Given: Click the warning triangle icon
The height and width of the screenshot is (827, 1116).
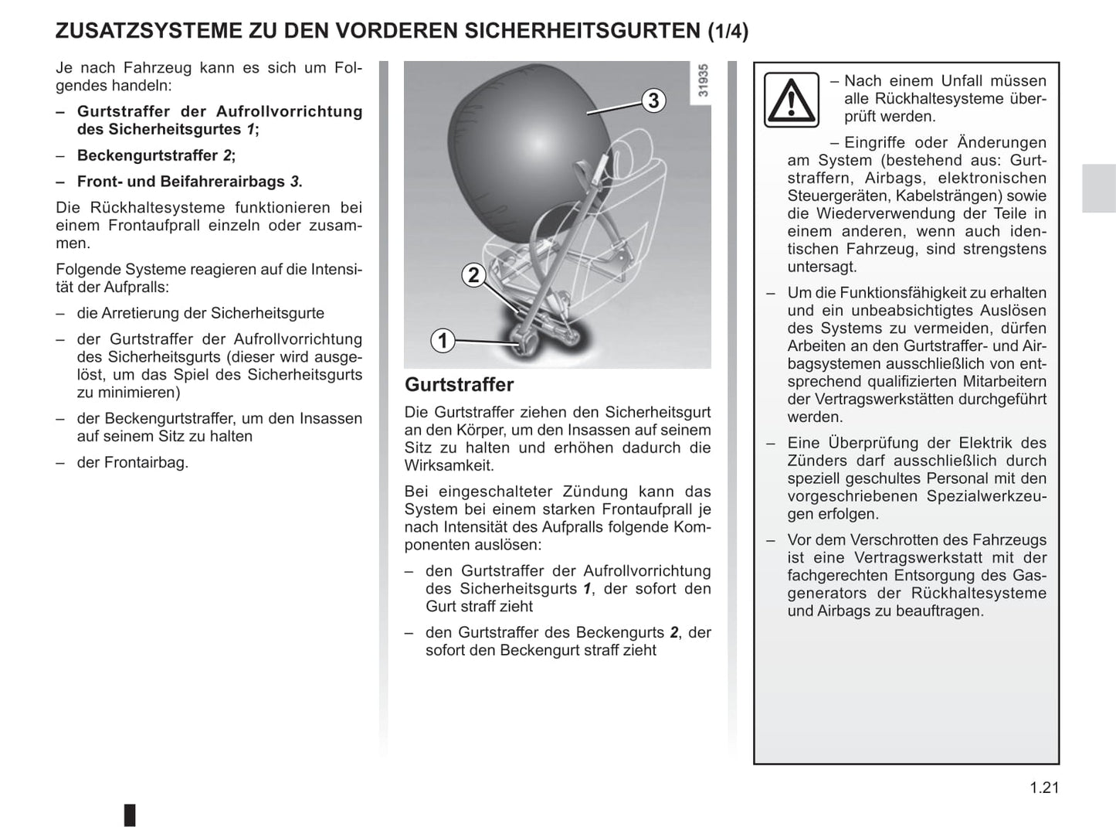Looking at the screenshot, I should coord(791,100).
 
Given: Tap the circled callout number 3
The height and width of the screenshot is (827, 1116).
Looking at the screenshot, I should coord(653,100).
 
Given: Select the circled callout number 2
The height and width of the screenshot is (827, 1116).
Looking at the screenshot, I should coord(473,275).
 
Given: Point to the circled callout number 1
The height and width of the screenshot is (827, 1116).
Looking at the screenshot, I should coord(443,340).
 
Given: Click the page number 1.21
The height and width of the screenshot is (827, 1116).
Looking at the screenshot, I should coord(1044,788).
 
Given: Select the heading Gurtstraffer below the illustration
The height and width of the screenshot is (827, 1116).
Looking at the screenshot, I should coord(459,385).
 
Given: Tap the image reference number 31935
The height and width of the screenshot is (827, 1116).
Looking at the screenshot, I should coord(702,80).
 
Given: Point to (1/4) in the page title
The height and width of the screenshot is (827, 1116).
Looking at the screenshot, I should coord(728,31).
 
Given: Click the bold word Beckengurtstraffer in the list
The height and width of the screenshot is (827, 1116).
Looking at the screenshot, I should coord(148,155).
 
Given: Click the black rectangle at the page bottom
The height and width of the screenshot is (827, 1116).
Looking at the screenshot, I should coord(130,815).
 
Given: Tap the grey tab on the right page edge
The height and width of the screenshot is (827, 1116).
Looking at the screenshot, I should coord(1098,189).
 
